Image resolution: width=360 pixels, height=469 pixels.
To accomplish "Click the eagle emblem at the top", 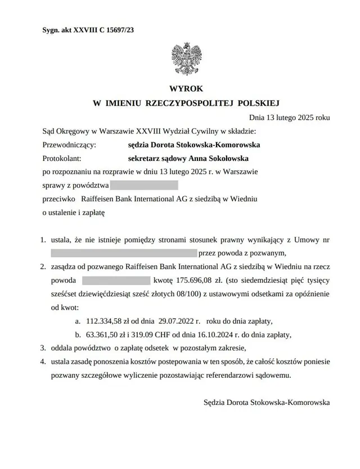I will click(x=186, y=59).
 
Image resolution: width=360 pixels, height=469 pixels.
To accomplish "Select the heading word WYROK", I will click(x=186, y=89).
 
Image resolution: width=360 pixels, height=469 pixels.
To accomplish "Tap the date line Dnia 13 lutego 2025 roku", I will click(x=289, y=118).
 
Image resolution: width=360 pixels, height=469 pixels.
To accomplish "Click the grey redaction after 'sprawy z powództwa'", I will click(x=144, y=185).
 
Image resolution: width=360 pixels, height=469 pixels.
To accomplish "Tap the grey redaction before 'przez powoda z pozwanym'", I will click(x=124, y=252).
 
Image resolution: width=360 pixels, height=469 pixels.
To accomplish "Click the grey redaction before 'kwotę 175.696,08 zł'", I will click(x=116, y=280).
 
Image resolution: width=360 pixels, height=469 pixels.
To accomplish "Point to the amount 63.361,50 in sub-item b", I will click(x=104, y=335).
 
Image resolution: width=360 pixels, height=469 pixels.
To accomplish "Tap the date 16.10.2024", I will click(x=211, y=335).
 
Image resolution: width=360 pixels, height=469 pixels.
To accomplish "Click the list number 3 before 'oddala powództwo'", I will click(x=43, y=348).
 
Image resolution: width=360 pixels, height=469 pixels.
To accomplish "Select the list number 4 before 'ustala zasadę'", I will click(x=43, y=362).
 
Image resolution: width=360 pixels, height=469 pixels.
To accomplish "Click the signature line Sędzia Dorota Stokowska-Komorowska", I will click(x=267, y=403).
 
